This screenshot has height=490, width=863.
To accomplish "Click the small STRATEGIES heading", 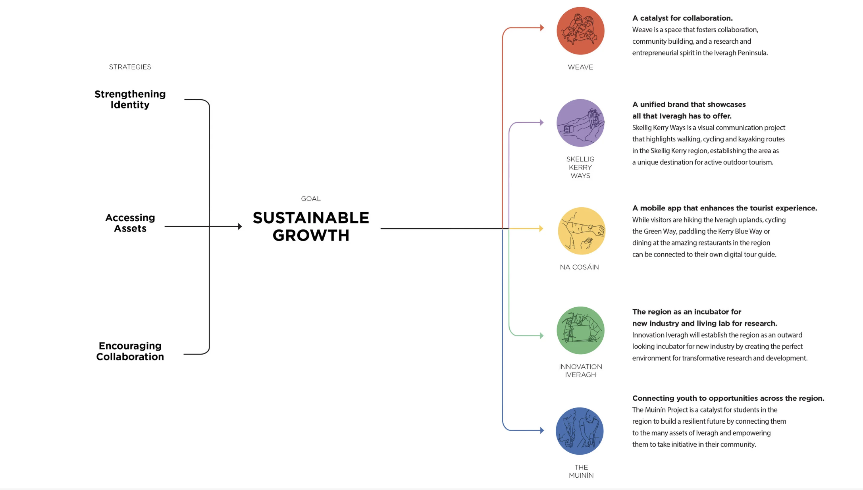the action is [130, 67].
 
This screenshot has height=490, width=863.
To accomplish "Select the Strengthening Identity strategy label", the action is [130, 99].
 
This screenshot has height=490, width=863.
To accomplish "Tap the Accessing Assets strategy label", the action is [130, 223].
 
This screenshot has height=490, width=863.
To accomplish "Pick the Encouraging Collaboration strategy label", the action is [130, 351].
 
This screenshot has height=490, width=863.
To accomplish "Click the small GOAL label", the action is [310, 199].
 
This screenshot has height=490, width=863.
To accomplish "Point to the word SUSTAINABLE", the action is [311, 218].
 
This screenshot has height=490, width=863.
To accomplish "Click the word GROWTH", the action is [311, 235].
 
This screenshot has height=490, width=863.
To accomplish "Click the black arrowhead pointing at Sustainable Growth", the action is [240, 226].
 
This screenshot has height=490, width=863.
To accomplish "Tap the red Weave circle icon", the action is [580, 31].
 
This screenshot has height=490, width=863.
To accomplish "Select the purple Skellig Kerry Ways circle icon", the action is [580, 123].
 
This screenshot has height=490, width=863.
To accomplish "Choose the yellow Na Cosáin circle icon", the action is [582, 231].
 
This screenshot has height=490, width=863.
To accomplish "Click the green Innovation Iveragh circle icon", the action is [580, 330].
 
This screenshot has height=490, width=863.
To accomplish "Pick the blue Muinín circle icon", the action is [580, 431].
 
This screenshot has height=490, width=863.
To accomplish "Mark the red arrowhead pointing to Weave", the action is [542, 28].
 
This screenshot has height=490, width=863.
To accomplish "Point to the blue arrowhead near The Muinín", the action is [542, 430].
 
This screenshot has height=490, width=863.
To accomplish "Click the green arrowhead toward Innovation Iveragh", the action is [542, 336].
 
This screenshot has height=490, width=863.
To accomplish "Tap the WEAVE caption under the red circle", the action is [580, 67].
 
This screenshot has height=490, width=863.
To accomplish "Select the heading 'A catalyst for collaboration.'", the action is [682, 18].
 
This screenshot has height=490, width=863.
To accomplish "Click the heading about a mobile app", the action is [724, 208].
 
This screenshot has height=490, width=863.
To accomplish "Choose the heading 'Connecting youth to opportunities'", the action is [728, 398].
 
